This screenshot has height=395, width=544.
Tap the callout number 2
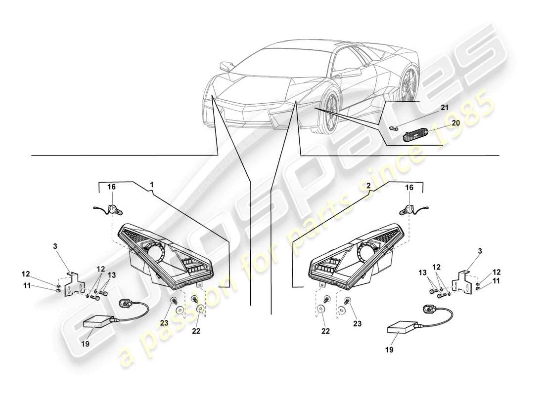(369, 186)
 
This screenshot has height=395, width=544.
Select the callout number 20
(455, 123)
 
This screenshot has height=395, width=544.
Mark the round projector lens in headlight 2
(367, 253)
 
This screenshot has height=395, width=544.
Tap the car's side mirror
(227, 65)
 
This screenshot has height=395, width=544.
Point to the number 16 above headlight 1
(112, 188)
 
